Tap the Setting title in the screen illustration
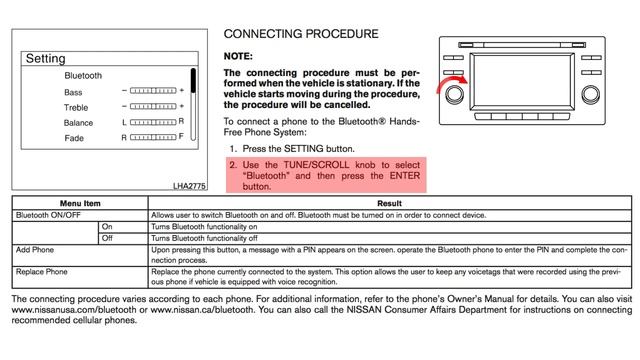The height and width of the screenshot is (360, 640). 45,59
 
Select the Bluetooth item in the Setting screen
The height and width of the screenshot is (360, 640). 83,75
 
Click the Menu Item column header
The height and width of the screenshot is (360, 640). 80,202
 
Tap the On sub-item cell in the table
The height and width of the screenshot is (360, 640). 107,226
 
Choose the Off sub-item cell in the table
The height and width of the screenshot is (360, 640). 107,238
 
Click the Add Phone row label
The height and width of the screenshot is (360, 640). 36,250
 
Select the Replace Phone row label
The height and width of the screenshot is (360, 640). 44,270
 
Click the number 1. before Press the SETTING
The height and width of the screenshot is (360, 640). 232,148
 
